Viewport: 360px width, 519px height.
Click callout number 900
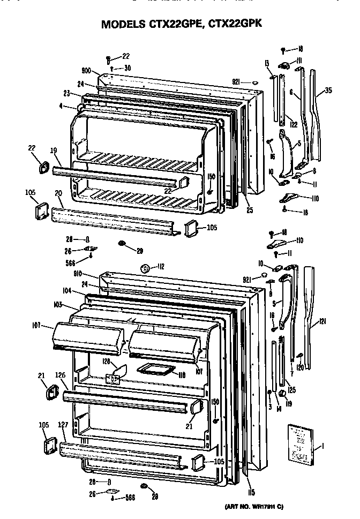click(87, 71)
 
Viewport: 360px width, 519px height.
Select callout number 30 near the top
click(127, 68)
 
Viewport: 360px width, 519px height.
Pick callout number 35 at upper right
click(328, 91)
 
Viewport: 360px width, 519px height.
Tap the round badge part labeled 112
click(144, 268)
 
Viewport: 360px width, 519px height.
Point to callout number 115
click(251, 492)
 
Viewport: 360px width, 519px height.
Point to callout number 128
click(106, 362)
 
